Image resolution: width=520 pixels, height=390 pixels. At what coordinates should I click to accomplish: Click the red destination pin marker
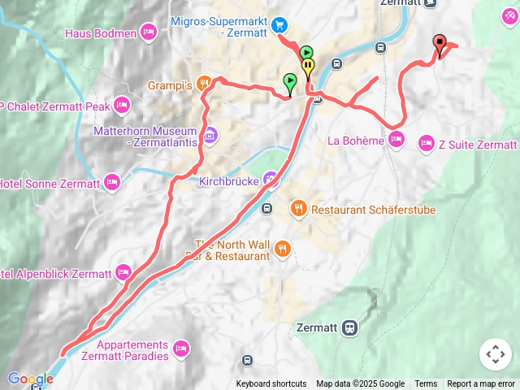point(440,44)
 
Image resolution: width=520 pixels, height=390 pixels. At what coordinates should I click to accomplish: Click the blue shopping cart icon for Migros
point(279,25)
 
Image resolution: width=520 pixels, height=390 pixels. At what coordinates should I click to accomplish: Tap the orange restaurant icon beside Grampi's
point(204,83)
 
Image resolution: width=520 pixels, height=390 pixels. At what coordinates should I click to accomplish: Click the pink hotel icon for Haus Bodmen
point(148,32)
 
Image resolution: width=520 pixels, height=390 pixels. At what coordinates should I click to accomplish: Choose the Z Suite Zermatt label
point(477,145)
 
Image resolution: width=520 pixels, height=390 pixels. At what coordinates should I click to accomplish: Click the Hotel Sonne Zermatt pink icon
point(112,180)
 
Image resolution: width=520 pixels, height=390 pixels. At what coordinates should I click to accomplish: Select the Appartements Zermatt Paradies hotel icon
point(181,349)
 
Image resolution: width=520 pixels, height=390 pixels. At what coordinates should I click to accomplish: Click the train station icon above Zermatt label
point(349,327)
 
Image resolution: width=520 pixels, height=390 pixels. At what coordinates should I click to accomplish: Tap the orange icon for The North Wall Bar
point(283,248)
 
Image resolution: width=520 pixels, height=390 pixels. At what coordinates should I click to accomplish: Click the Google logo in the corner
point(29,379)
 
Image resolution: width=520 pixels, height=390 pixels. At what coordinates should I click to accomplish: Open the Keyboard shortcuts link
point(271,384)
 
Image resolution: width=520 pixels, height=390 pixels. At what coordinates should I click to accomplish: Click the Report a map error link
point(481,384)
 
